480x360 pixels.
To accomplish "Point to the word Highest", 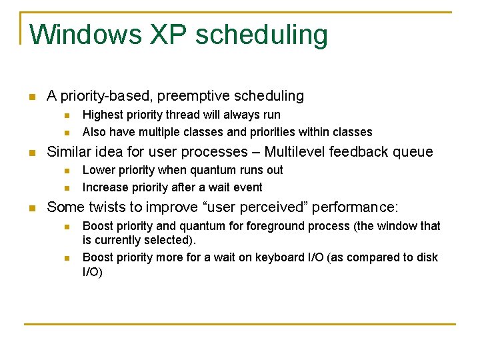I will (x=103, y=115).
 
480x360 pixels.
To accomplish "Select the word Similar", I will (x=70, y=152).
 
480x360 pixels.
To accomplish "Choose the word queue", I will (x=412, y=152).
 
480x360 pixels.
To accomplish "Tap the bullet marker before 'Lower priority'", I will (x=66, y=171).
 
